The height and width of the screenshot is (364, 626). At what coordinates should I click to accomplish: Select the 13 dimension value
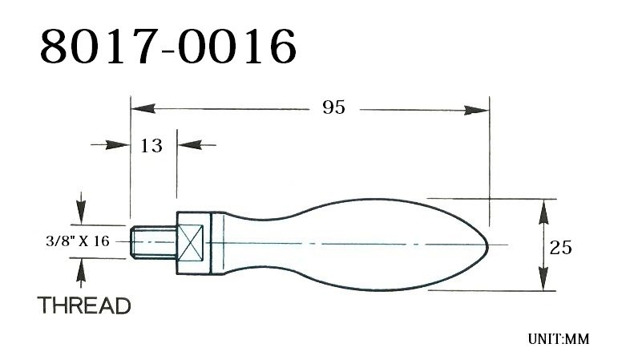point(151,145)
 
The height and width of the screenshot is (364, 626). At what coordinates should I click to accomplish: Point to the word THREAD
point(84,305)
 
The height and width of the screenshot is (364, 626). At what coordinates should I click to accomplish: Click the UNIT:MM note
point(558,339)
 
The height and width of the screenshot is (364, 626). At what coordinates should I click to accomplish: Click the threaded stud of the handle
point(150,241)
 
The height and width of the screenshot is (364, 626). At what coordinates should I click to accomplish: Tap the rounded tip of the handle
point(481,243)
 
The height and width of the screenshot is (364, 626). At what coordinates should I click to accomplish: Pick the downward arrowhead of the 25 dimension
point(544,281)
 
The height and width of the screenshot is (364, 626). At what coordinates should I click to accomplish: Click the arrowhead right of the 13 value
point(185,145)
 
